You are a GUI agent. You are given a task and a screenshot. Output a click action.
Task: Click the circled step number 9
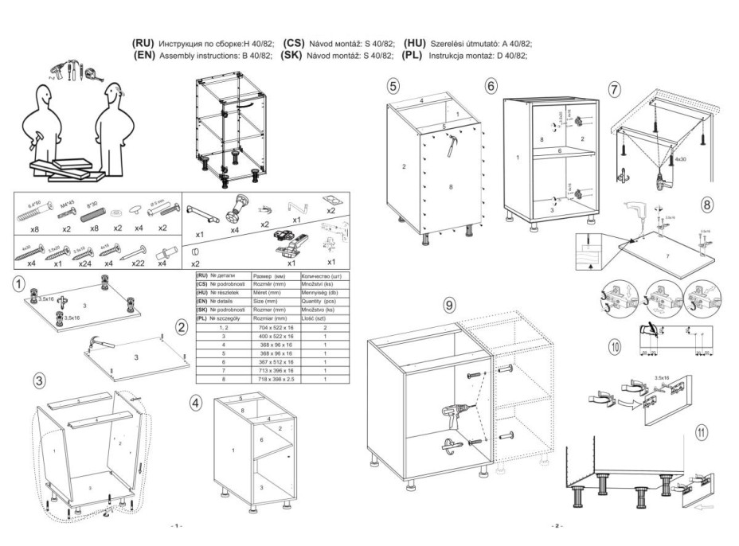click(449, 305)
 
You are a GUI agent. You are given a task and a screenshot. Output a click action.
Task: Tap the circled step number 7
click(614, 89)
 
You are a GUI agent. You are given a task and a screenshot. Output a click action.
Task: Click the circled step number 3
click(38, 380)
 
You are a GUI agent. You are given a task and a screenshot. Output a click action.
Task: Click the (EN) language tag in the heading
click(145, 56)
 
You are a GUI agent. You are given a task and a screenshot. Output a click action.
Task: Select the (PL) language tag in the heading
click(413, 56)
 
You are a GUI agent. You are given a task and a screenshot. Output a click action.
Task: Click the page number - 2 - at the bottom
click(555, 527)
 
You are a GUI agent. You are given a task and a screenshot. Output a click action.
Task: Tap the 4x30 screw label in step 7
click(680, 159)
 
